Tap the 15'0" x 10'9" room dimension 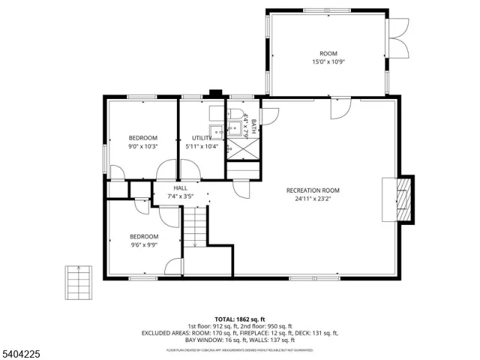coord(328,62)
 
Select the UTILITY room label coord(201,138)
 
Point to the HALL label coord(181,188)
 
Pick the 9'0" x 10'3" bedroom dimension coord(142,147)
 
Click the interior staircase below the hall coord(195,226)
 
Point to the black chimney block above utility coord(216,94)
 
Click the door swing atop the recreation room coord(339,107)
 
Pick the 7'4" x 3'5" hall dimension coord(181,196)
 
